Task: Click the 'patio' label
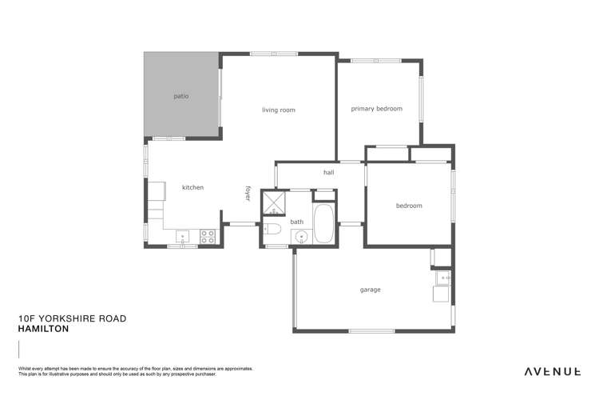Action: [181, 96]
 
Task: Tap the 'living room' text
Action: [279, 110]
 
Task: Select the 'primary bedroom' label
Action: [377, 108]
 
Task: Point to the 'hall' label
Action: [328, 172]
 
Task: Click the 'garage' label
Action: [370, 290]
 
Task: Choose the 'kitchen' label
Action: [192, 187]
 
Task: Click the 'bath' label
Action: [296, 222]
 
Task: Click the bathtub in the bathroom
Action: [324, 223]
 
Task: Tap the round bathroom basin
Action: [299, 236]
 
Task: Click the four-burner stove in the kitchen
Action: [206, 236]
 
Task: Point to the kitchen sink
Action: [183, 236]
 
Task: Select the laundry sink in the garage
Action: [443, 278]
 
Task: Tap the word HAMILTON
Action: [43, 328]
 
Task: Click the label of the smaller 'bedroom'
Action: [409, 206]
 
